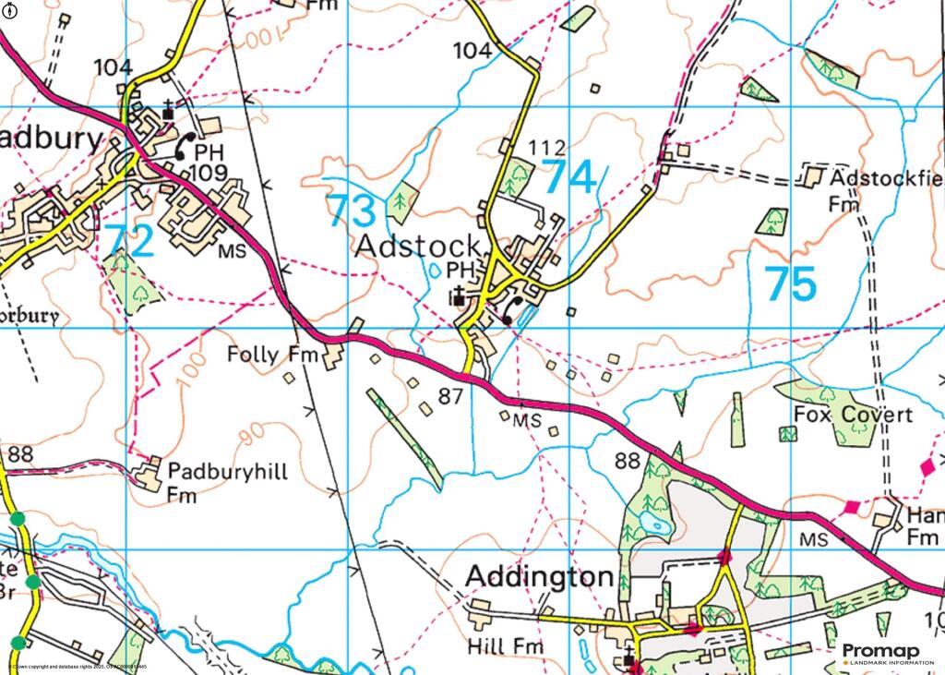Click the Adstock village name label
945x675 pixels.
(x=418, y=247)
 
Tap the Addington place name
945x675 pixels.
(x=539, y=577)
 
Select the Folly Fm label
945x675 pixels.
(x=271, y=355)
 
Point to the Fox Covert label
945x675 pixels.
(x=853, y=416)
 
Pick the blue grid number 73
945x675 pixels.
(x=353, y=211)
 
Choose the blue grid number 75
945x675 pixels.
(x=791, y=284)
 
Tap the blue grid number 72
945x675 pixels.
(x=128, y=240)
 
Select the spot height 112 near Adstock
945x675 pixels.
(x=546, y=148)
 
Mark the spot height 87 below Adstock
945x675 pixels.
(x=450, y=397)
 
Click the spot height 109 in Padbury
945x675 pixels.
(x=206, y=174)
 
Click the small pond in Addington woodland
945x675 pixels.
(x=654, y=524)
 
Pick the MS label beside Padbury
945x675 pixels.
(x=232, y=251)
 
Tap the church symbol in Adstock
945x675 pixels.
(x=459, y=295)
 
